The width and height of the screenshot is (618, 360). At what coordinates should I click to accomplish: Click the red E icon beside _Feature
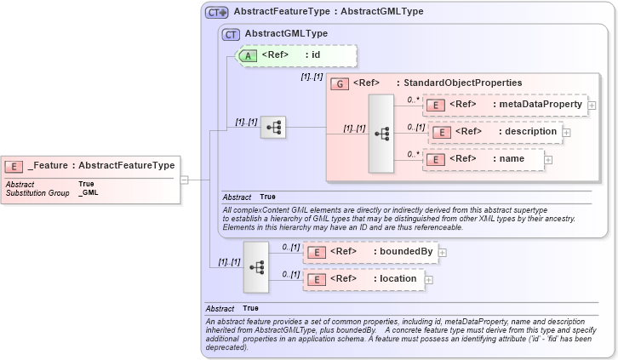(14, 166)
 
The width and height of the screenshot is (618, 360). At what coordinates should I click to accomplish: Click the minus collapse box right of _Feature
(184, 180)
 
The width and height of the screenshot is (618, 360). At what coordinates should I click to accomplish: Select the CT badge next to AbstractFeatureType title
(217, 12)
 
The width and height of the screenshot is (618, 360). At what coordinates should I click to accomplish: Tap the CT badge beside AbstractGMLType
(230, 34)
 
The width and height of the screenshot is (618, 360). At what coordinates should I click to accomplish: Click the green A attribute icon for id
(247, 55)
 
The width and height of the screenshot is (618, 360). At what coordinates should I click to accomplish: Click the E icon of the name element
(435, 158)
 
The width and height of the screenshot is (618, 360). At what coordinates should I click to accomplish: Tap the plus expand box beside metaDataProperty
(592, 106)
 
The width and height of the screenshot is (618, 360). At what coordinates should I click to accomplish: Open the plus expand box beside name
(548, 159)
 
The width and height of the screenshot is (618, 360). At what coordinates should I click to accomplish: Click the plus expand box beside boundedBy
(442, 253)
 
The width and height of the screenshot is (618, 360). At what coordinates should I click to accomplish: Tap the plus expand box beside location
(428, 279)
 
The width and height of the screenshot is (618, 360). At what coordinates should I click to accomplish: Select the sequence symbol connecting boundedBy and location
(255, 266)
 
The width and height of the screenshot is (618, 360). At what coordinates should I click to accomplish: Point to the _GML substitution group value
(88, 193)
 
